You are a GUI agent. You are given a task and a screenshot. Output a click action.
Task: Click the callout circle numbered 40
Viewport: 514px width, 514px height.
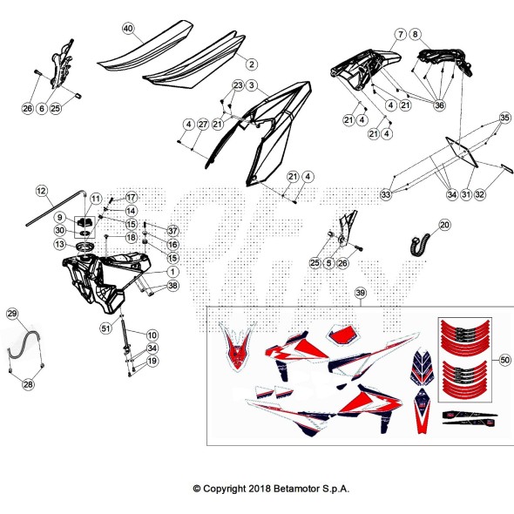tap(128, 29)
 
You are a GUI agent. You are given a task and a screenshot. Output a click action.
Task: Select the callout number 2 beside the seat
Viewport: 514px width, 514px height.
tap(251, 64)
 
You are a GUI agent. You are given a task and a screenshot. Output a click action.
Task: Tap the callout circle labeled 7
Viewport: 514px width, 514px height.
tap(400, 34)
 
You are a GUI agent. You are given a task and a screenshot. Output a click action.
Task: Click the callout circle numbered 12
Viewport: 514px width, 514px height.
tap(41, 189)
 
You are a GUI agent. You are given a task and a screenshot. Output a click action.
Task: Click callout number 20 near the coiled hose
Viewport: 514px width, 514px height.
tap(444, 225)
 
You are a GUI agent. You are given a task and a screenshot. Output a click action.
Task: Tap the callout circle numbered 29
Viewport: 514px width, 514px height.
tap(12, 313)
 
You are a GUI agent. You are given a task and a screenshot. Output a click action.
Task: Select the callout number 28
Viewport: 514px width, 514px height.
tap(29, 383)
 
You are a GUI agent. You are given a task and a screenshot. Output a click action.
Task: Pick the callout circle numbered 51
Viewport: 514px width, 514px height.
tap(105, 328)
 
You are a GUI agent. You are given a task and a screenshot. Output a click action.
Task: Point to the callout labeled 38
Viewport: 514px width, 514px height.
tap(172, 286)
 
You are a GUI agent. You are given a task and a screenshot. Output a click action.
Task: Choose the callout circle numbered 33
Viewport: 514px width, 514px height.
tap(386, 195)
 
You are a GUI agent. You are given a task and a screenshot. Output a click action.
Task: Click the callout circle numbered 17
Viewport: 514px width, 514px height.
tap(131, 197)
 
